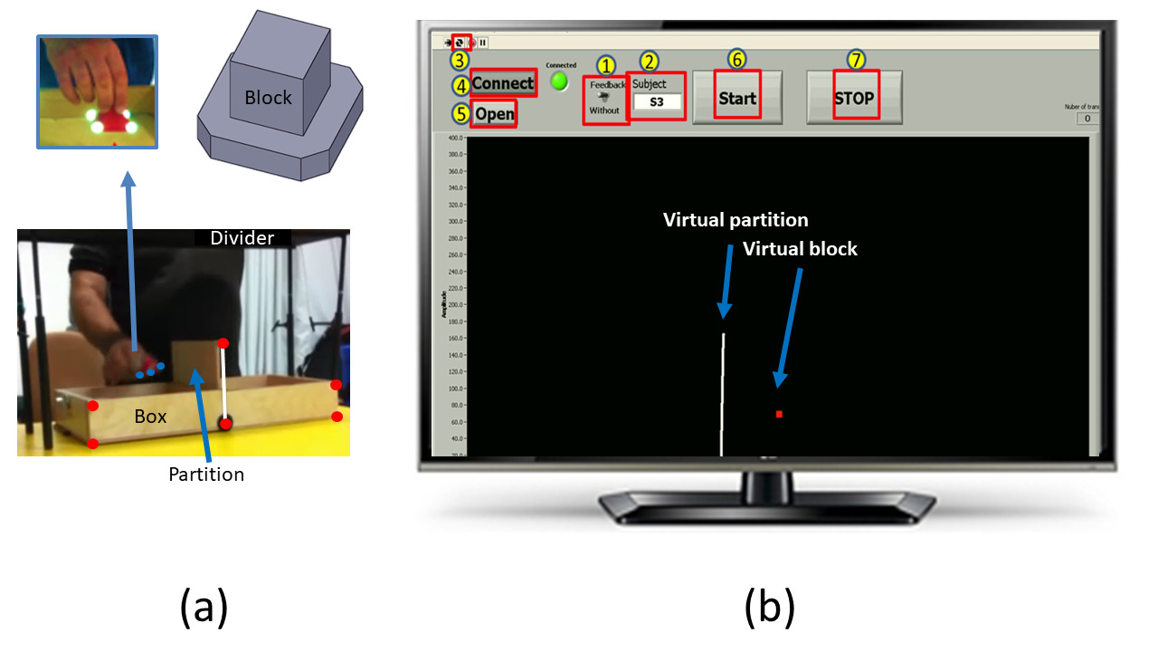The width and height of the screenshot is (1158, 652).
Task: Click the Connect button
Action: click(x=503, y=83)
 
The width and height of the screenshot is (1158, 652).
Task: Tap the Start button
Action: click(x=736, y=98)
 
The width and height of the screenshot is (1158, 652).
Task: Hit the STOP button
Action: click(x=854, y=98)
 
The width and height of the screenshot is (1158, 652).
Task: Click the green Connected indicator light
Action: click(x=561, y=81)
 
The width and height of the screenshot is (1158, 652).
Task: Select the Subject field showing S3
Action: click(x=657, y=101)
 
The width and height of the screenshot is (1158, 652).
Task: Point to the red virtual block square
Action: click(x=779, y=414)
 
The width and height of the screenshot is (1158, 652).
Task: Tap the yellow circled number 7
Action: click(x=856, y=59)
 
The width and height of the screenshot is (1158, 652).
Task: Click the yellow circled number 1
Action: click(x=606, y=64)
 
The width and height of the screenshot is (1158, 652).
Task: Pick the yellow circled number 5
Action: click(x=461, y=115)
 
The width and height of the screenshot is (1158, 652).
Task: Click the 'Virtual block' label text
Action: click(x=800, y=248)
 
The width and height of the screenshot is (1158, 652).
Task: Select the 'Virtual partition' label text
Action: click(x=736, y=220)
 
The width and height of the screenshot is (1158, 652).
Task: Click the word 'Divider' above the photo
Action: click(x=242, y=238)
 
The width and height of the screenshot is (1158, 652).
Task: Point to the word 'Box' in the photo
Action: click(x=151, y=417)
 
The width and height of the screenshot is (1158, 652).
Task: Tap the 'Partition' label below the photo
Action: click(x=206, y=474)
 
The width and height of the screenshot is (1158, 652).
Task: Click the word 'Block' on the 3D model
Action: click(x=268, y=97)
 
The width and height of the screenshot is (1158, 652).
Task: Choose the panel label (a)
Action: click(x=204, y=606)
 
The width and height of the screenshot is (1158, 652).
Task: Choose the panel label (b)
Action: click(x=769, y=606)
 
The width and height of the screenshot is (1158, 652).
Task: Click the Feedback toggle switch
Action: click(x=603, y=97)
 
